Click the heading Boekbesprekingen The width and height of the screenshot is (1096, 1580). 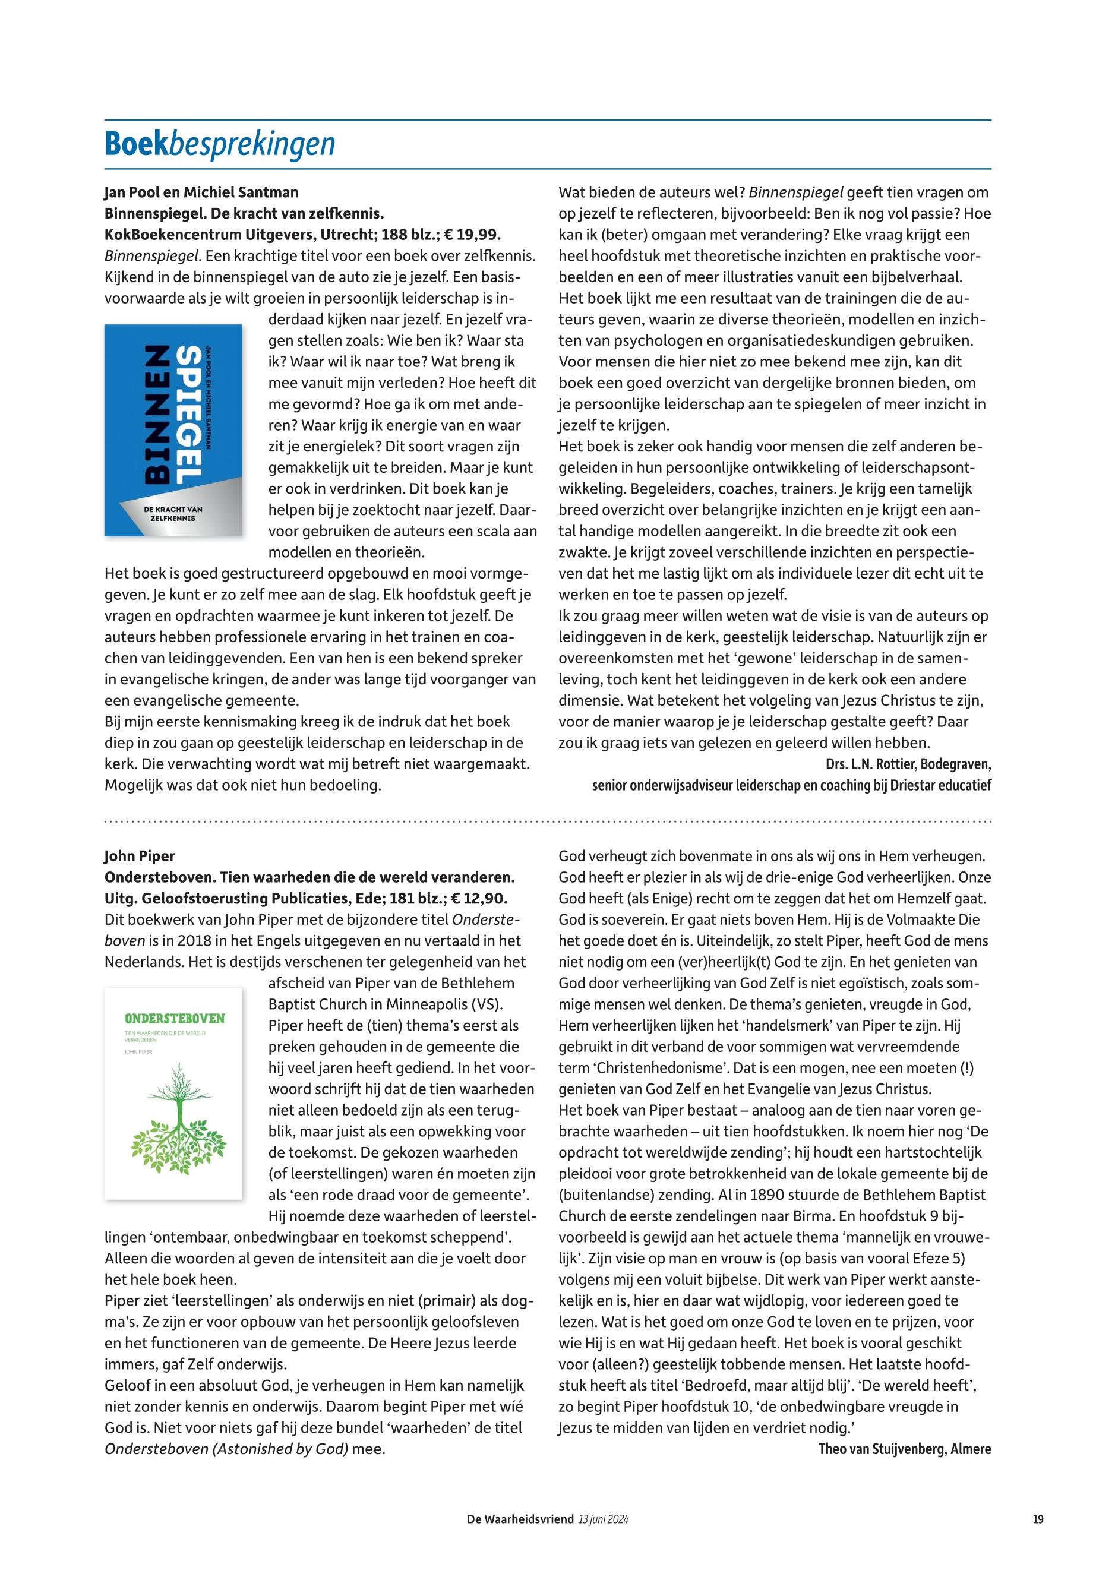tap(220, 144)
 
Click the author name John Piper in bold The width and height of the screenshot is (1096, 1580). tap(140, 857)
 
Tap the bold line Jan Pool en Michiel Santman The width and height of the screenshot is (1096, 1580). tap(201, 192)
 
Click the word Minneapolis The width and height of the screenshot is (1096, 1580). tap(426, 1004)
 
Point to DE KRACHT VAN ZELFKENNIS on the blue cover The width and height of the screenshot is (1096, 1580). tap(173, 514)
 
